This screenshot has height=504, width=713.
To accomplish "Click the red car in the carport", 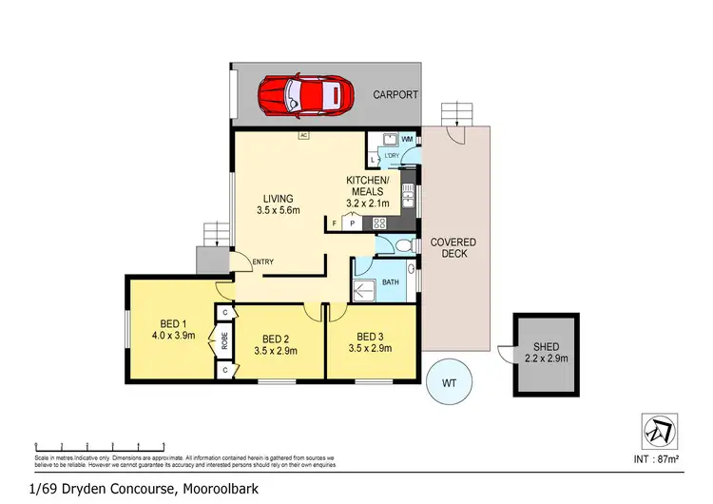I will pos(306,94).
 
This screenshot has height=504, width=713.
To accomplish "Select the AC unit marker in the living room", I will pos(304,136).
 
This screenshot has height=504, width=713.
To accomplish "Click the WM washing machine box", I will pos(406,140).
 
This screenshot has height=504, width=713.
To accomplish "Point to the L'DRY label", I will pos(390,154).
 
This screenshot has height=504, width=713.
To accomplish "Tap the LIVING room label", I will pos(279,199).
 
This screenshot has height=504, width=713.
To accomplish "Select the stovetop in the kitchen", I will pos(378,223).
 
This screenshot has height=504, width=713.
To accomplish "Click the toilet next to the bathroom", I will pos(405,246).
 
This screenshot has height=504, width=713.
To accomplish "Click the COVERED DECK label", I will pos(453,248).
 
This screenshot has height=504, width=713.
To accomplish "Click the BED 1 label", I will pos(173,323).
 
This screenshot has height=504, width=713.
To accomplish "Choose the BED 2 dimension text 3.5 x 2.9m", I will pos(276,351).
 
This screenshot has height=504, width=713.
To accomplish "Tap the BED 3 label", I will pos(370,337).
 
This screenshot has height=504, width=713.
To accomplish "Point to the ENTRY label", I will pos(262,262).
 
